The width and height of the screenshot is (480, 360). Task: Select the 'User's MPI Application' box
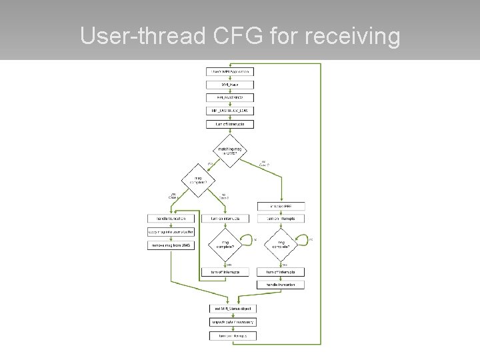tap(229, 71)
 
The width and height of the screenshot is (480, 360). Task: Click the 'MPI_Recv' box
tap(229, 84)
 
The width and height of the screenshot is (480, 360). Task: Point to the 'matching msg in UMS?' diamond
tap(229, 151)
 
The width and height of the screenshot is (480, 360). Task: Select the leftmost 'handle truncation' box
tap(170, 219)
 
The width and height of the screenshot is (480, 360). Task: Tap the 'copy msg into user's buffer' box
tap(170, 232)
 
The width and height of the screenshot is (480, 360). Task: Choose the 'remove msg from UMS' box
tap(170, 245)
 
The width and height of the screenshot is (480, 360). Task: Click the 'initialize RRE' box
tap(281, 205)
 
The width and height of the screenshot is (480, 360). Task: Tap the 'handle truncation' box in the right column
tap(281, 285)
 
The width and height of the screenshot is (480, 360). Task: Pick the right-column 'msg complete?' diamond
tap(281, 245)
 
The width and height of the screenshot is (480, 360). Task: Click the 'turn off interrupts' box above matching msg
tap(229, 124)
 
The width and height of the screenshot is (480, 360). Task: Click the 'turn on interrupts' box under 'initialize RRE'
tap(281, 219)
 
